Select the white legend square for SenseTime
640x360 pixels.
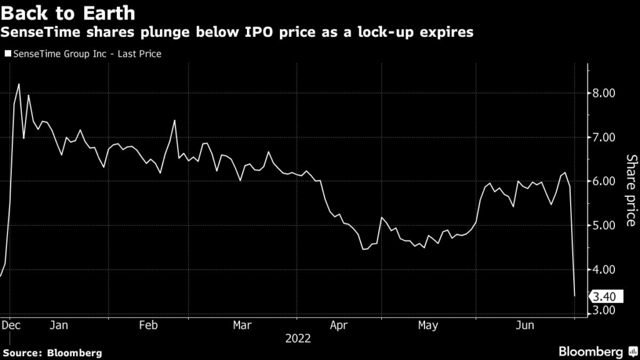7,54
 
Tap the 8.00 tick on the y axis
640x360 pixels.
604,93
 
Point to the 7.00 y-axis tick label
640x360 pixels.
604,137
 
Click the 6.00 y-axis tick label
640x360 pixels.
604,181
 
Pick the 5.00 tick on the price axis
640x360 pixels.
604,225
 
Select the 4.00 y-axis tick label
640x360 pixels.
604,269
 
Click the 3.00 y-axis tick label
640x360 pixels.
604,311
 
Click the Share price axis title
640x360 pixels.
631,190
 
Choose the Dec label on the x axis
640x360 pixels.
9,325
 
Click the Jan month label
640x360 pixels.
58,325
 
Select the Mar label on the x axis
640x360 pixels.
241,325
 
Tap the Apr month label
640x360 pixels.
338,325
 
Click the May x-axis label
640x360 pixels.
428,325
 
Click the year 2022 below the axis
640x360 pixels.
298,339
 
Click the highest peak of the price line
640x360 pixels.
19,84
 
